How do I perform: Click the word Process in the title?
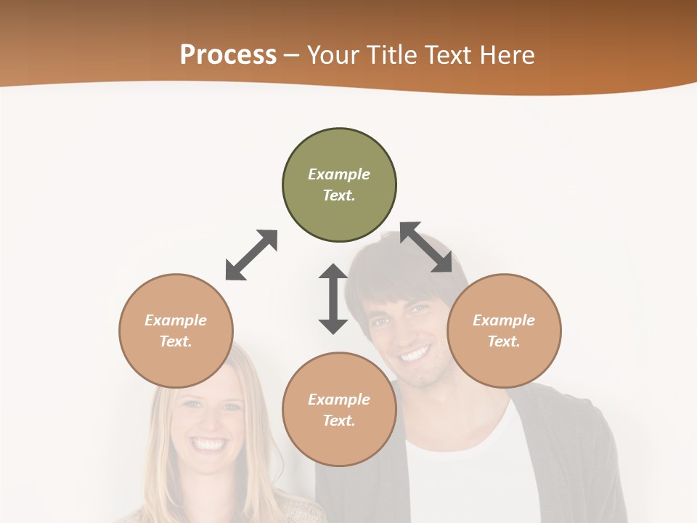click(x=228, y=55)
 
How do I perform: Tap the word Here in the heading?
click(x=507, y=55)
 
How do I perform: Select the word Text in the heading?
click(x=449, y=55)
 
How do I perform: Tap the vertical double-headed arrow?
click(x=333, y=299)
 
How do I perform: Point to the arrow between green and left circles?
click(x=251, y=255)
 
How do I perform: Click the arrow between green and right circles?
click(x=426, y=248)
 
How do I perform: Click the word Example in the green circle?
click(x=339, y=174)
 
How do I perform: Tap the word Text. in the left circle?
click(x=176, y=341)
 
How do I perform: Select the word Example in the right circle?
click(x=504, y=320)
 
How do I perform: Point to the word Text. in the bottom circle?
click(x=339, y=421)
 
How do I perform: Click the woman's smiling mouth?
click(x=209, y=443)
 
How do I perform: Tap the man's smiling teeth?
click(x=415, y=354)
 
